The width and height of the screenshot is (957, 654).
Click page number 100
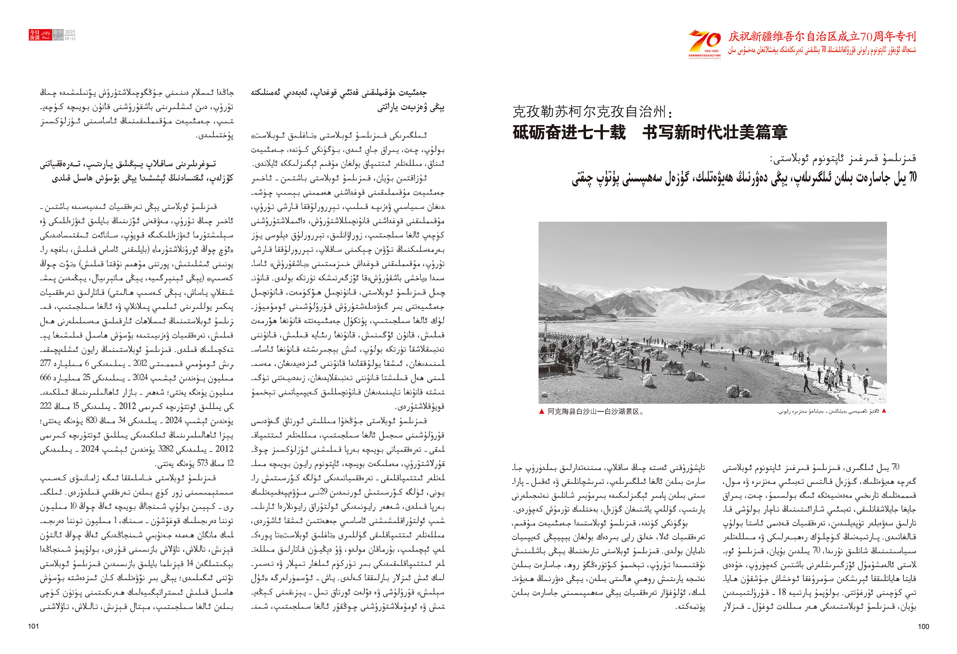(x=923, y=626)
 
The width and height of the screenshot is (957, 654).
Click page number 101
(x=33, y=626)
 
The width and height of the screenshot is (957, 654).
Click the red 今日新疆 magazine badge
(x=35, y=35)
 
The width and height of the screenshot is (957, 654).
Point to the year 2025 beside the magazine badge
(x=70, y=32)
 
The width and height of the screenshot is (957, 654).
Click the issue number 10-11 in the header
(x=70, y=38)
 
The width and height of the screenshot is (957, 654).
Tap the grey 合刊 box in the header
(x=58, y=32)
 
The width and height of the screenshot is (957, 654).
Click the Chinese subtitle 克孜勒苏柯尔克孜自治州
(x=589, y=111)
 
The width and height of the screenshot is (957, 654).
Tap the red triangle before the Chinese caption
(x=542, y=411)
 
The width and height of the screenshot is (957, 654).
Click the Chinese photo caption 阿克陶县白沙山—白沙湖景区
(x=595, y=411)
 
